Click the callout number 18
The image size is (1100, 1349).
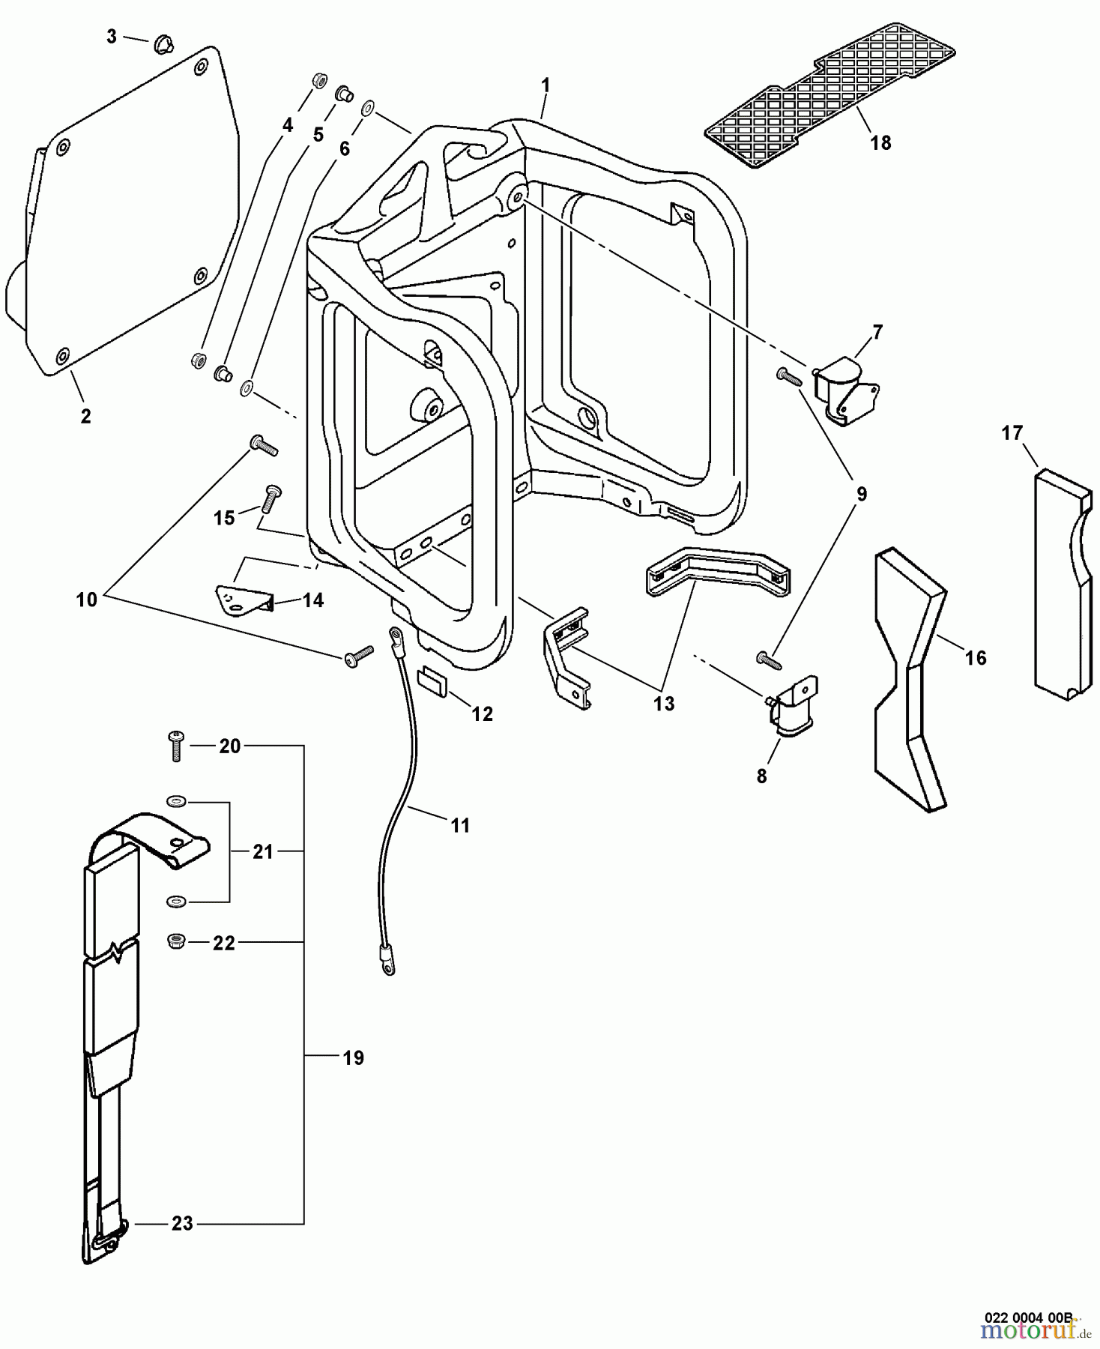pos(880,142)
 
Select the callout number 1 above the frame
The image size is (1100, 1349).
pos(546,85)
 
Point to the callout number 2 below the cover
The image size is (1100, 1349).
pos(85,416)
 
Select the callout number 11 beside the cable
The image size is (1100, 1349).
pos(460,825)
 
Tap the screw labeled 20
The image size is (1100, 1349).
pos(176,746)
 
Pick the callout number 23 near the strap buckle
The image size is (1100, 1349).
pos(182,1223)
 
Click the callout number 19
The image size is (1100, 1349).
pos(353,1057)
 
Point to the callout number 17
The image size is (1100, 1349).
pos(1012,433)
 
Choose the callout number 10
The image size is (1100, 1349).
pos(86,600)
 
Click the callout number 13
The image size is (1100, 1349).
pos(663,704)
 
